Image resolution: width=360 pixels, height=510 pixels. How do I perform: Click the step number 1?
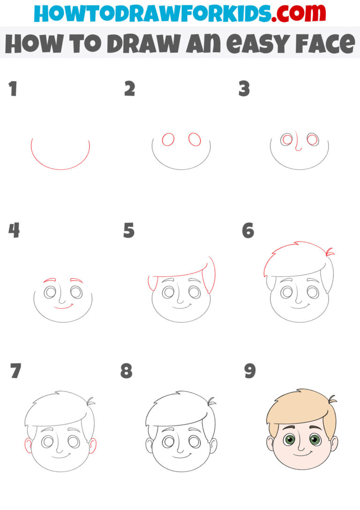[13, 89]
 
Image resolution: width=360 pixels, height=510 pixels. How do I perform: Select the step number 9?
[250, 371]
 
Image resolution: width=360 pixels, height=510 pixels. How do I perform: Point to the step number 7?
[15, 371]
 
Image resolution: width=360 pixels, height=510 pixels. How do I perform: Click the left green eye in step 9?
[290, 440]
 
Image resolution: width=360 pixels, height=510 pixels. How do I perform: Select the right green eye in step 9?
[315, 440]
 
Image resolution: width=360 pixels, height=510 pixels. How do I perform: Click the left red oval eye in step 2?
[168, 139]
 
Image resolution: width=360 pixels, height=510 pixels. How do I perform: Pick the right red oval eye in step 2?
[195, 139]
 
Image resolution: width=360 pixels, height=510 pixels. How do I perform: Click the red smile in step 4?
[63, 307]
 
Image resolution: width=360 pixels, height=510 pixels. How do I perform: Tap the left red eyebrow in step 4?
[49, 281]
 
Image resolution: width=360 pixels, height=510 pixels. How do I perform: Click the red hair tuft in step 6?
[330, 251]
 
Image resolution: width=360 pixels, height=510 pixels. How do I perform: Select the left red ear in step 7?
[28, 445]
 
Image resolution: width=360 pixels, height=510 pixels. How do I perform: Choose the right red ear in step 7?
[93, 445]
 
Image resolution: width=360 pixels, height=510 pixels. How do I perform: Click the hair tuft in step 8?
[211, 402]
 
